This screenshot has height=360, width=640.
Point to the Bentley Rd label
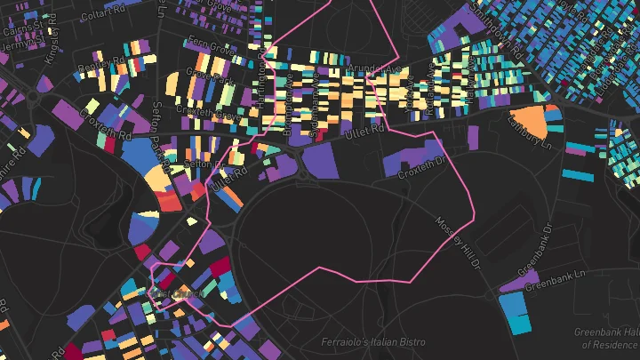tap(98, 68)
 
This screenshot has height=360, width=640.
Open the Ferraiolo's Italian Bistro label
tap(373, 342)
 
